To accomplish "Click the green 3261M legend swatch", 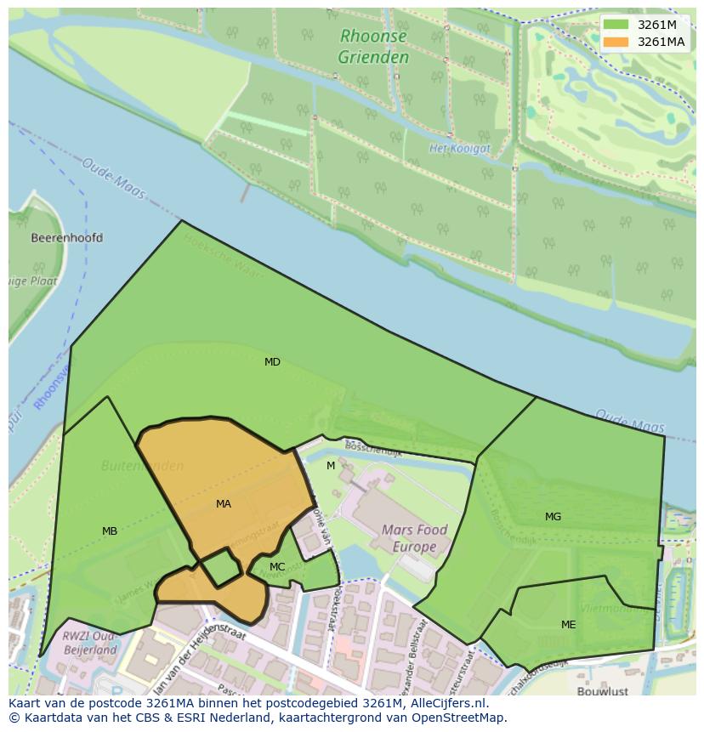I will pyautogui.click(x=616, y=25).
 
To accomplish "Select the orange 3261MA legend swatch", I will pyautogui.click(x=616, y=42).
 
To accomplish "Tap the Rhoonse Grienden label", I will pyautogui.click(x=373, y=47).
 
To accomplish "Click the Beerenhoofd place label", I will pyautogui.click(x=66, y=238).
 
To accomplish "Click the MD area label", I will pyautogui.click(x=272, y=362).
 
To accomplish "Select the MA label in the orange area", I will pyautogui.click(x=223, y=504).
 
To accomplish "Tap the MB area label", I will pyautogui.click(x=110, y=531).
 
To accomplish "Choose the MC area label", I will pyautogui.click(x=277, y=567).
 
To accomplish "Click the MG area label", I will pyautogui.click(x=553, y=517).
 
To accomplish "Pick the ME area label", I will pyautogui.click(x=568, y=625).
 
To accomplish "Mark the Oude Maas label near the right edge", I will pyautogui.click(x=630, y=420).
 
